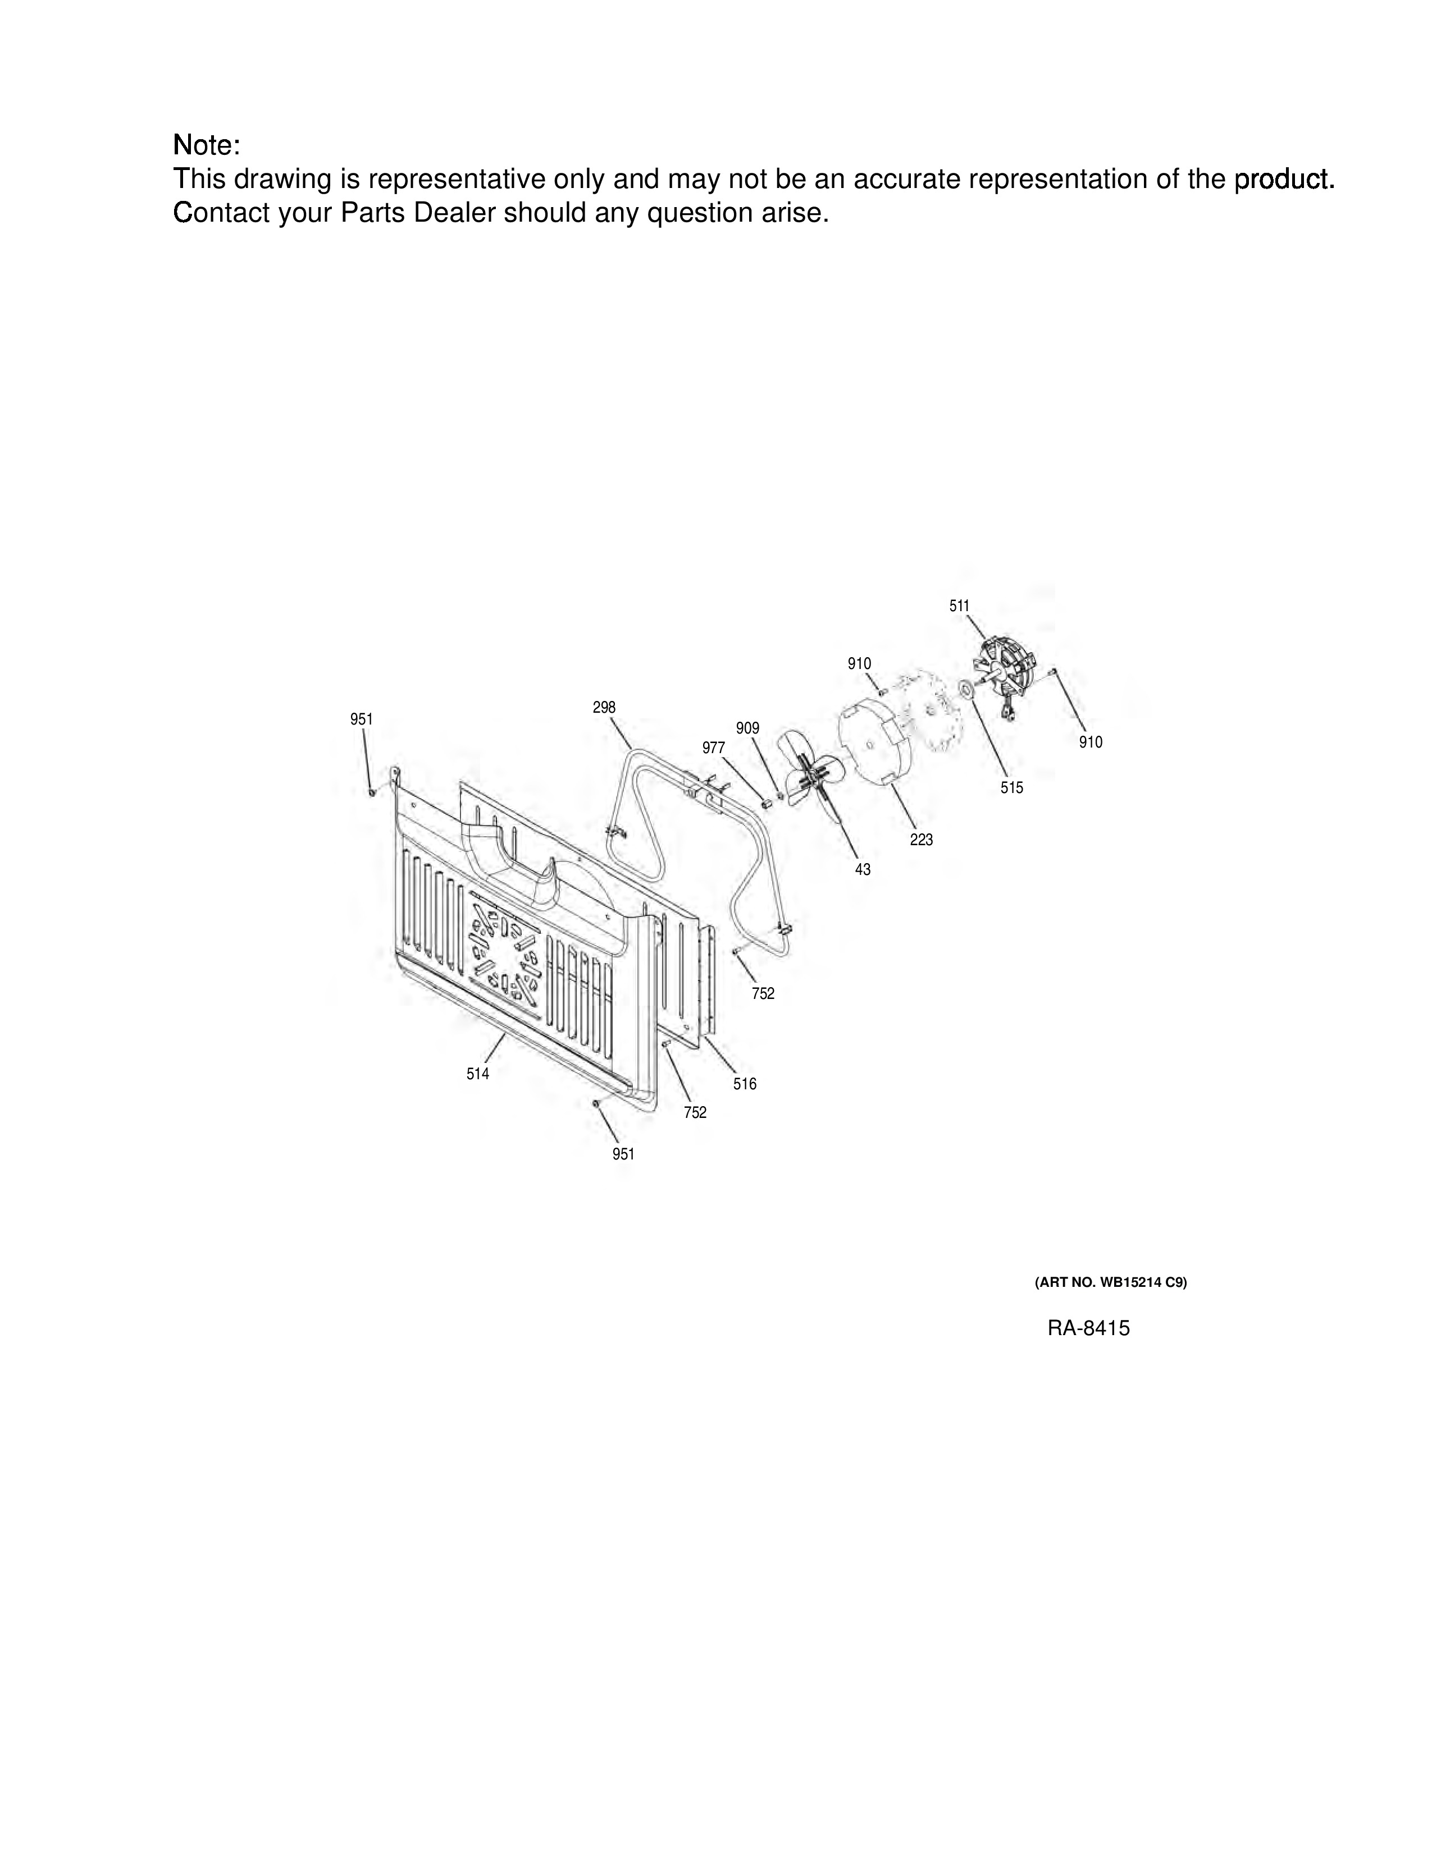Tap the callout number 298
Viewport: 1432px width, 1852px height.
(604, 707)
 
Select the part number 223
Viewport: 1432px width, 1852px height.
(922, 840)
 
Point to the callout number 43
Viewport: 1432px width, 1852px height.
(863, 869)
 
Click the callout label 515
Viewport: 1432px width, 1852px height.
(1011, 788)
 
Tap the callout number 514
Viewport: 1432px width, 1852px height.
(478, 1074)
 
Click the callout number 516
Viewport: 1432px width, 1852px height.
(745, 1084)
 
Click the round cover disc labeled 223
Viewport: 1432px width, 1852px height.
(874, 738)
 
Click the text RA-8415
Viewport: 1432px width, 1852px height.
(1088, 1328)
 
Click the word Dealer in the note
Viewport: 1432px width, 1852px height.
(455, 213)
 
